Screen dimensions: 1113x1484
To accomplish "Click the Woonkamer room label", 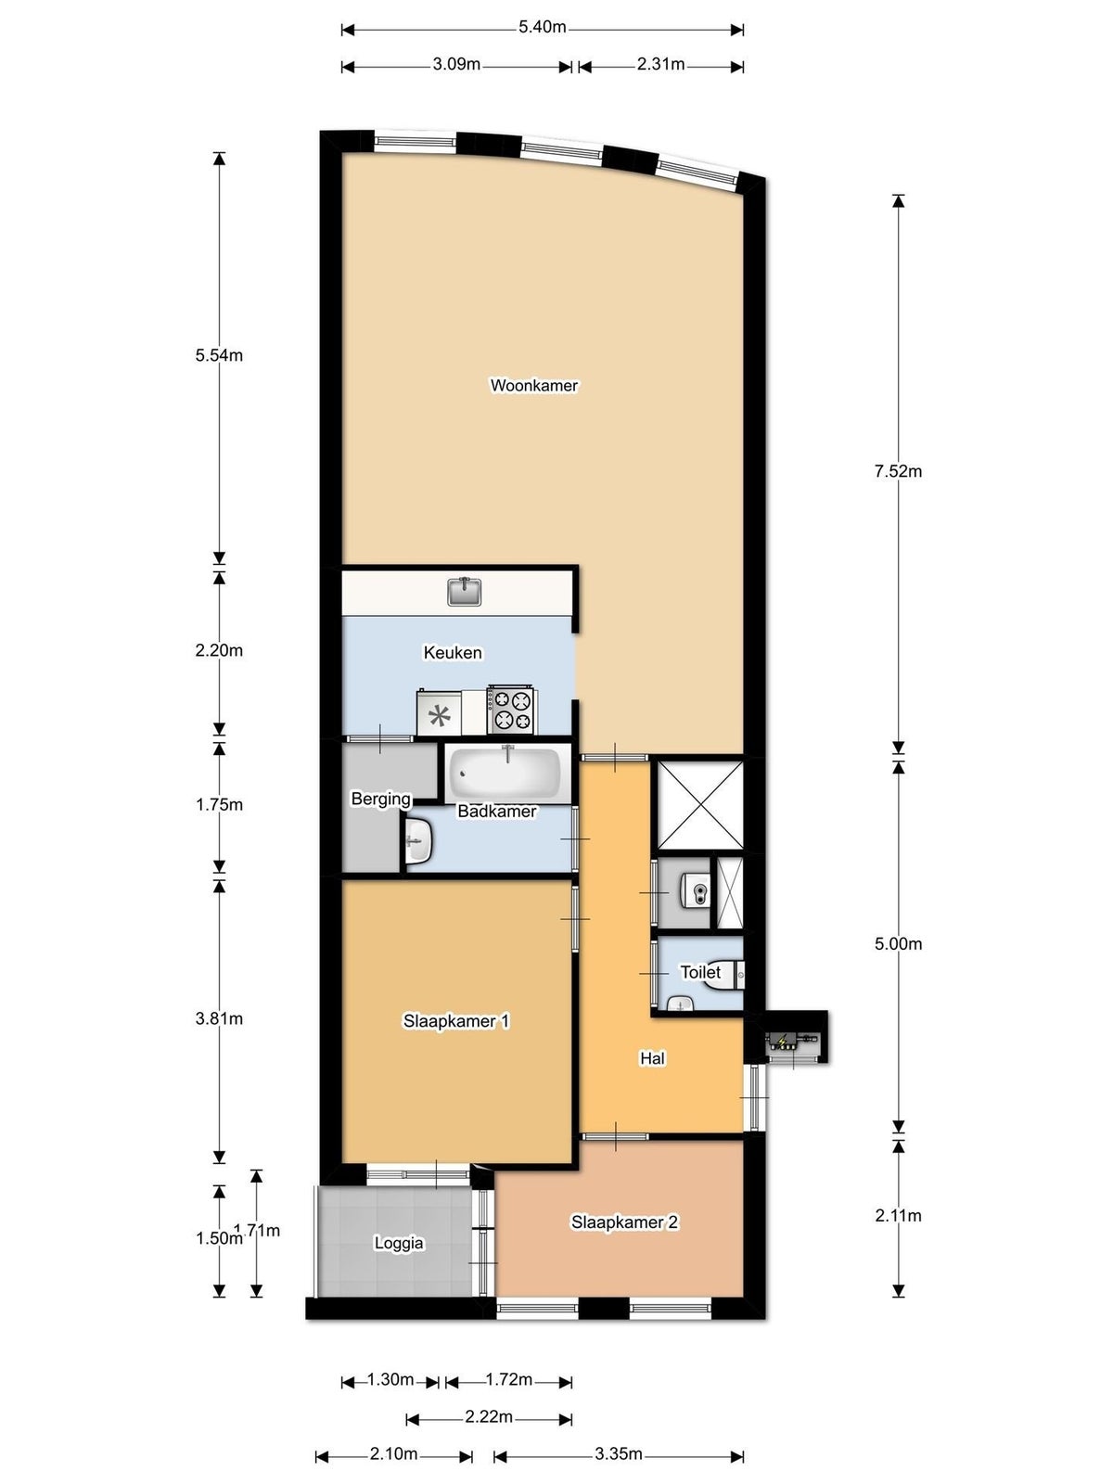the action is (533, 385).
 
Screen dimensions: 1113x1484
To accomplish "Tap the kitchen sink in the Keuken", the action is (465, 591).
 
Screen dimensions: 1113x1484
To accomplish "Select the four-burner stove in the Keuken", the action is (511, 710).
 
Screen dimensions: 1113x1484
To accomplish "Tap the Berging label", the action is (380, 800).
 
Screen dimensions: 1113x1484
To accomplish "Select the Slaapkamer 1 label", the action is (456, 1021).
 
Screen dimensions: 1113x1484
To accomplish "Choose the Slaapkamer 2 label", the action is (624, 1222).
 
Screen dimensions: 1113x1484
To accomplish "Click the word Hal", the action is (652, 1058).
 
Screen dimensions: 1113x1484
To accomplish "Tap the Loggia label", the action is (399, 1244).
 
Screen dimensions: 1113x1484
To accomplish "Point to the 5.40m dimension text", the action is (542, 27).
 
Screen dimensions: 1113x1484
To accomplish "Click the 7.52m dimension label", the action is (898, 472).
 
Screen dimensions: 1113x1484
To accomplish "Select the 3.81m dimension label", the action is (219, 1018).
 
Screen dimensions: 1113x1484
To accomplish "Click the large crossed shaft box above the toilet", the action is (700, 804).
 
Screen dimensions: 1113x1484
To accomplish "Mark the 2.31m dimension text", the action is (660, 64).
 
